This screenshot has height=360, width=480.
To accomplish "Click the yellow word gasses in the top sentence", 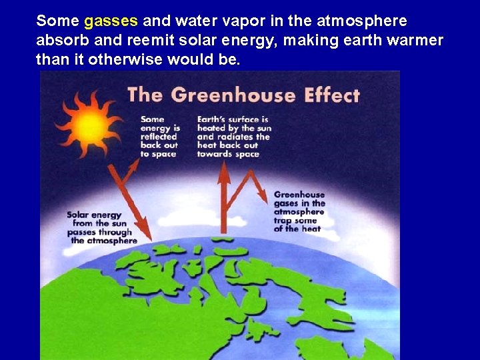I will point(111,21).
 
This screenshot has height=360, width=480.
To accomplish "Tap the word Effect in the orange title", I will point(332,94).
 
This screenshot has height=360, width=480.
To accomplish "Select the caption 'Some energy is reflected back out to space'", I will point(159,136).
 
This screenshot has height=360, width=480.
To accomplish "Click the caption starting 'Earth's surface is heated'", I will point(233,136).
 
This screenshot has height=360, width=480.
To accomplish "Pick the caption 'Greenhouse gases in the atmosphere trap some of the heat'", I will point(299,211).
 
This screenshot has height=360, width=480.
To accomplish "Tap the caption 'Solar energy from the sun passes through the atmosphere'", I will point(101,227).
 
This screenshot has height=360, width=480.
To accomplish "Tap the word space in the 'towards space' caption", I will point(246,154).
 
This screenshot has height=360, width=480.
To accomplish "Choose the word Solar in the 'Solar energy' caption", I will point(79,215).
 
